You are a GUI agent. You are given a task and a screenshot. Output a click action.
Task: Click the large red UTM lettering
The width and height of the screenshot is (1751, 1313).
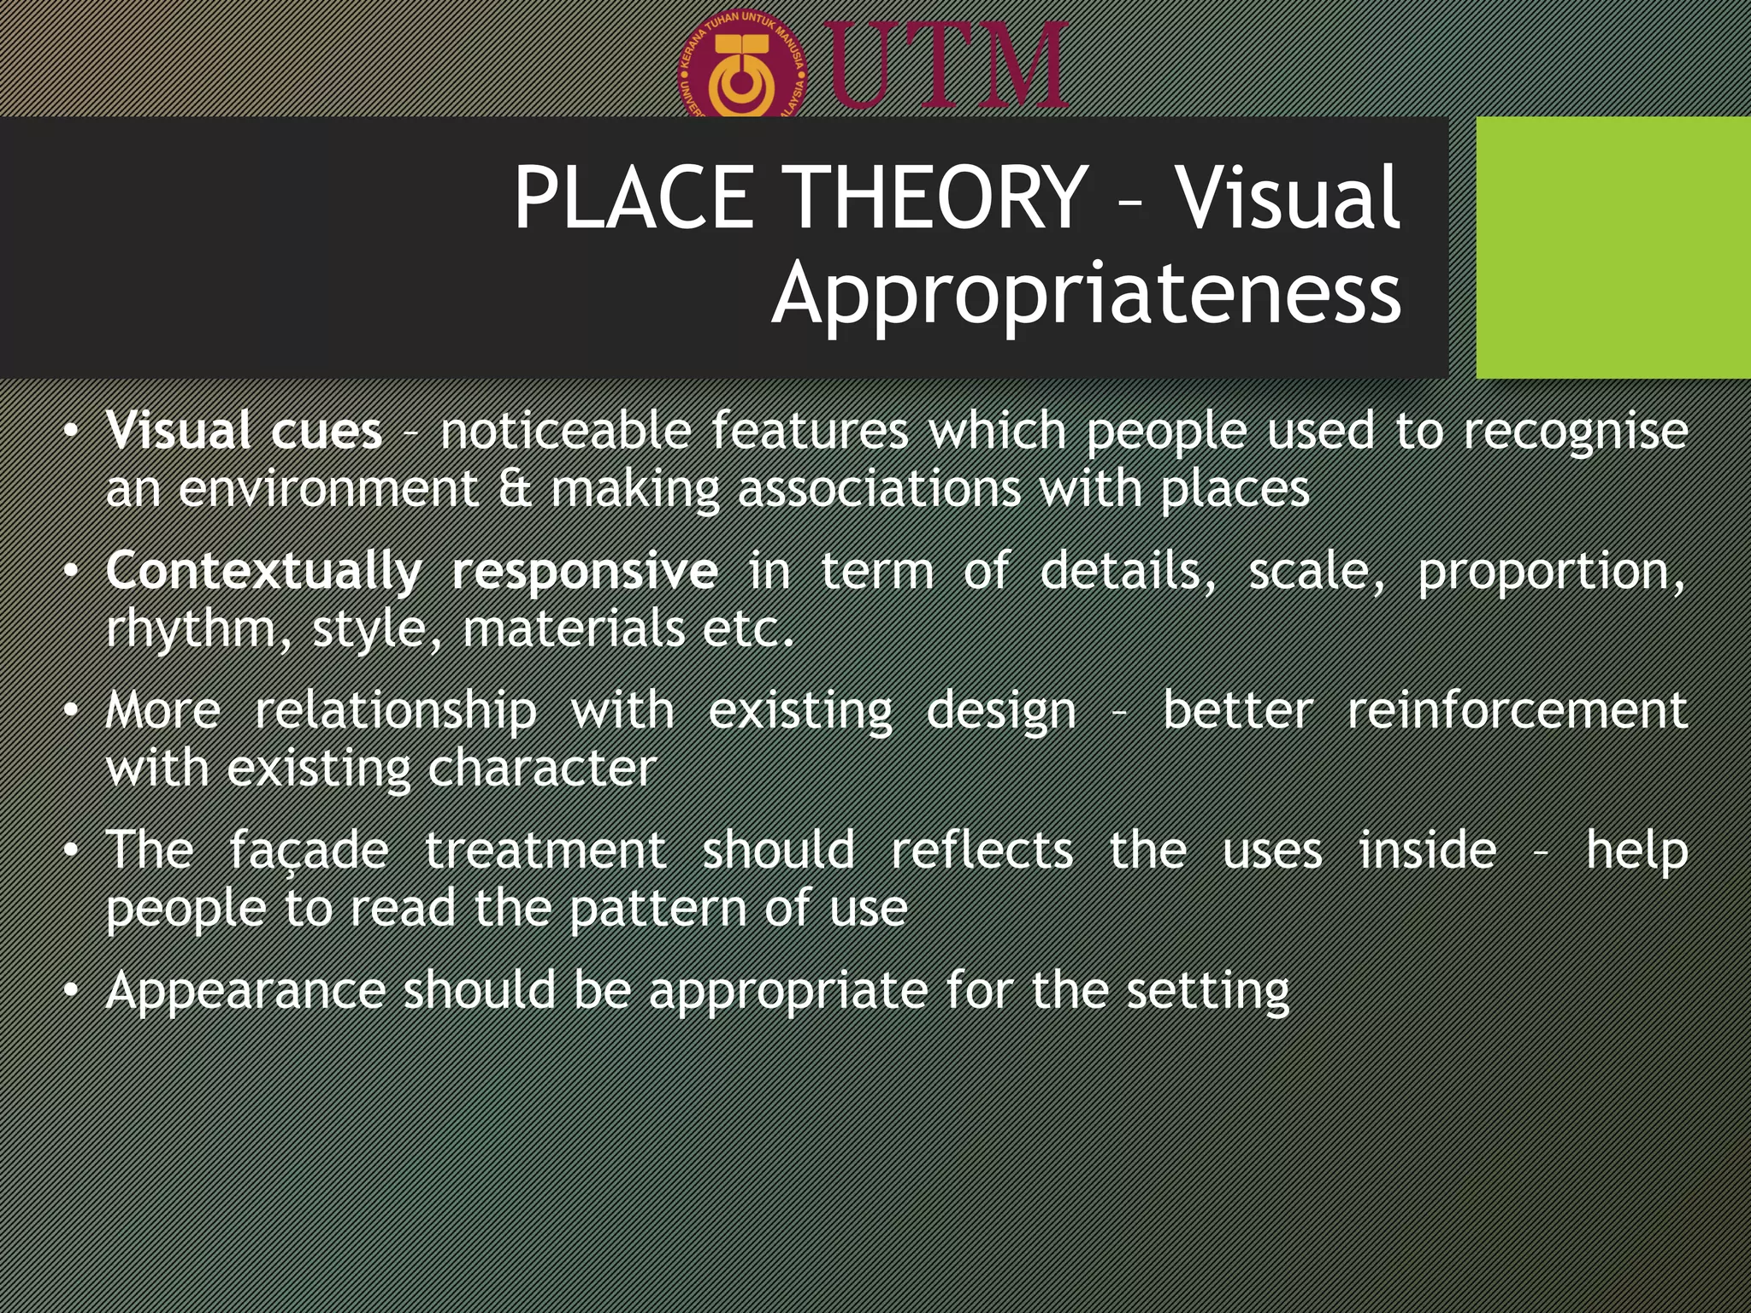945,67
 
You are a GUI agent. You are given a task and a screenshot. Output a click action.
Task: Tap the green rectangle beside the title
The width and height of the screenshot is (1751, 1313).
1612,247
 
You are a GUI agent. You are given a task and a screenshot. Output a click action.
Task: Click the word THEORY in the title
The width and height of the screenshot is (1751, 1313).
936,198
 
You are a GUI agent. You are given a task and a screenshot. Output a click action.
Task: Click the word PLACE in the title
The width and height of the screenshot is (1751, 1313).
633,198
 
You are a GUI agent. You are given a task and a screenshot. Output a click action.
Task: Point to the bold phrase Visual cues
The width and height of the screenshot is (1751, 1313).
244,430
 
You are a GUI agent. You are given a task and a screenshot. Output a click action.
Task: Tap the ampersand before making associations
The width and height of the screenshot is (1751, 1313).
514,489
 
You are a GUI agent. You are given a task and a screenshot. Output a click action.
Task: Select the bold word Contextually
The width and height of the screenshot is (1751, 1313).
263,572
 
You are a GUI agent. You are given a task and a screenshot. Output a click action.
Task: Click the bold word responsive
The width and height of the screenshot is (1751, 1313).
585,572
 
